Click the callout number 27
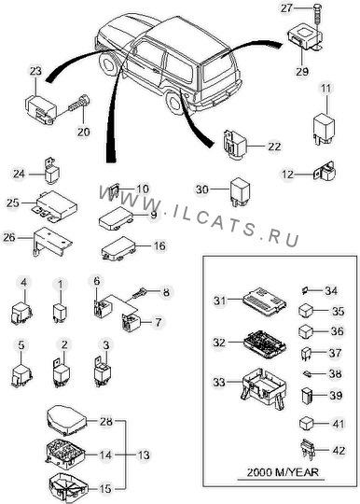pyautogui.click(x=286, y=8)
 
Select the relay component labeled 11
pyautogui.click(x=324, y=128)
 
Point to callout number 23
pyautogui.click(x=35, y=71)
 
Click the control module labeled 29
pyautogui.click(x=304, y=40)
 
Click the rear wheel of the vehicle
pyautogui.click(x=176, y=102)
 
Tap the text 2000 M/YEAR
pyautogui.click(x=283, y=472)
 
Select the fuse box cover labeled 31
pyautogui.click(x=265, y=301)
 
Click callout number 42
pyautogui.click(x=339, y=450)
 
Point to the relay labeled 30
pyautogui.click(x=240, y=192)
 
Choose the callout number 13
pyautogui.click(x=144, y=455)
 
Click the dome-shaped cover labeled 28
pyautogui.click(x=67, y=420)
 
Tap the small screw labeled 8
pyautogui.click(x=139, y=293)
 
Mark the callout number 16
pyautogui.click(x=159, y=245)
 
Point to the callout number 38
pyautogui.click(x=336, y=373)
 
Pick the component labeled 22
pyautogui.click(x=235, y=145)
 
